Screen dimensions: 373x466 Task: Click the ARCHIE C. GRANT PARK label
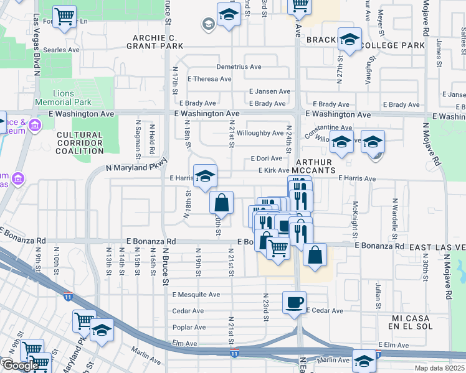point(155,41)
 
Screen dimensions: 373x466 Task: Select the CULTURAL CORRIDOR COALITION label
point(79,142)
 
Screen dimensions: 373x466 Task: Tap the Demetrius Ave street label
point(239,67)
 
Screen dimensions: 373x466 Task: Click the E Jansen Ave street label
point(269,91)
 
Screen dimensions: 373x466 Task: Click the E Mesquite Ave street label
point(196,295)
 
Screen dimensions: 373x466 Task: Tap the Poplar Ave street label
point(189,327)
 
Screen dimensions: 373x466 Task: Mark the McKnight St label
point(354,218)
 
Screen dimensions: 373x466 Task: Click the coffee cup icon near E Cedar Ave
point(295,302)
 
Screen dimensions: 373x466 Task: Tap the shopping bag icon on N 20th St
point(221,202)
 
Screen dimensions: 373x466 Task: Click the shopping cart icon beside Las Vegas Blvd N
point(64,17)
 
